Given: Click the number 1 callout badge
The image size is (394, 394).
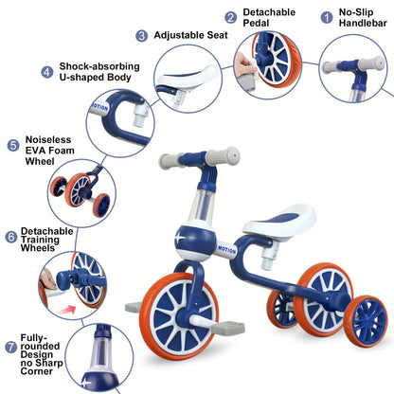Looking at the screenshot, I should coord(327,17).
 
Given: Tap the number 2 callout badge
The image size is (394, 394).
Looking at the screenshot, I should coord(230,17).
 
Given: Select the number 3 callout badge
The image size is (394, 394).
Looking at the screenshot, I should coord(142,35).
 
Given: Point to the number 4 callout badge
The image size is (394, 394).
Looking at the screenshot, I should coord(46,71).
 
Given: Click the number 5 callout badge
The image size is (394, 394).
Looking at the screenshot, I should coord(12,145).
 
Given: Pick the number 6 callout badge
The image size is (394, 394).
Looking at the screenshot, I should coord(11,236).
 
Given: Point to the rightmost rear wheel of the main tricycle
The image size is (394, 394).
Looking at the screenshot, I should coord(366,320).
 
